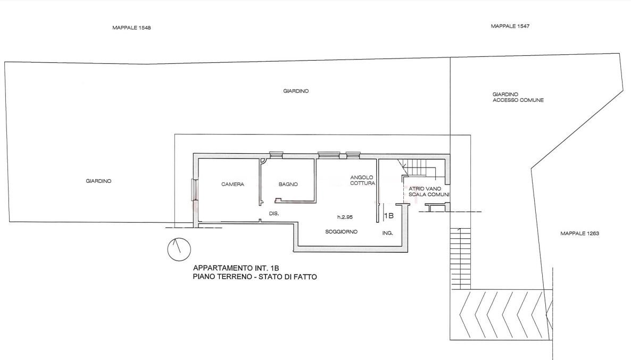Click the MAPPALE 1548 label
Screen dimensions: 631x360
click(131, 28)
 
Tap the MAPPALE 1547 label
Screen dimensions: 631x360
click(510, 26)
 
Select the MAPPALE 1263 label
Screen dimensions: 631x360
click(579, 233)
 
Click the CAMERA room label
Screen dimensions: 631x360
click(233, 184)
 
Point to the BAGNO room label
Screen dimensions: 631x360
click(288, 184)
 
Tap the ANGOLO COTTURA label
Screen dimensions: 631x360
click(362, 180)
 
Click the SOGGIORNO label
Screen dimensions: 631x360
click(341, 232)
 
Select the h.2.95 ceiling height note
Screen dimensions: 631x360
click(345, 217)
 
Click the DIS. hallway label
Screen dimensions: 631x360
click(273, 214)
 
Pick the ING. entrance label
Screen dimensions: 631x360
click(387, 233)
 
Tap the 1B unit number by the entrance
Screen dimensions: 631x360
click(389, 216)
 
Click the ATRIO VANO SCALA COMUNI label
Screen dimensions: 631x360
click(429, 191)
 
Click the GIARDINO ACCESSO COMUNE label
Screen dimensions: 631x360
click(518, 97)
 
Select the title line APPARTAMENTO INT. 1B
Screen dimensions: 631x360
click(236, 268)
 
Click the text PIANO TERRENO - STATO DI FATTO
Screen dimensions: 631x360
click(255, 277)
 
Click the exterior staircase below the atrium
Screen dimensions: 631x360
click(460, 258)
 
